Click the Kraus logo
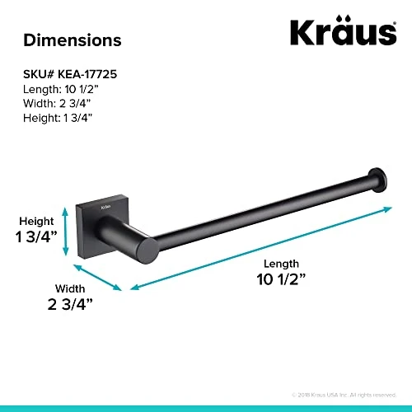[342, 32]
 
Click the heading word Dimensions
[72, 40]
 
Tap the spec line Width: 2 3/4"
[58, 103]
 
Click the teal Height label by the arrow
[38, 221]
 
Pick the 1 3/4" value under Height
[38, 238]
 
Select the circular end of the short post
[145, 250]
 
